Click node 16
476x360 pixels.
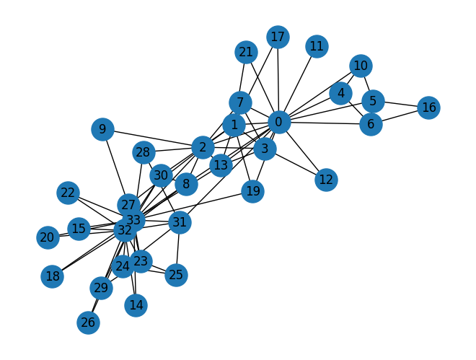click(x=429, y=108)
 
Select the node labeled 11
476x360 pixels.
click(x=317, y=47)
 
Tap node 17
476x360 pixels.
click(x=278, y=36)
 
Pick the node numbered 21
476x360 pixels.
click(x=246, y=52)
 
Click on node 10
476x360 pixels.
click(x=361, y=66)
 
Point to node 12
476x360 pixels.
click(x=326, y=179)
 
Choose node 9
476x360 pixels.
click(x=102, y=130)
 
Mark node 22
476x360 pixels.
click(x=68, y=193)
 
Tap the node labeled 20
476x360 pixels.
click(x=47, y=237)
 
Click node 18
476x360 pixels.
click(x=52, y=276)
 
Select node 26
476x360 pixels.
click(x=88, y=322)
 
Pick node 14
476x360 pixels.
click(x=136, y=305)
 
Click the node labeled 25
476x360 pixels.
click(x=176, y=275)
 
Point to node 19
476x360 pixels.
click(x=252, y=191)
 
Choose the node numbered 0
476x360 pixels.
click(x=278, y=122)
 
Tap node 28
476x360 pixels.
click(x=144, y=152)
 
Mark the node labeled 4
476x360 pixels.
click(x=340, y=93)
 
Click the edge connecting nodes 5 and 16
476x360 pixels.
click(x=401, y=105)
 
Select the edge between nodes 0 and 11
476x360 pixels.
click(x=298, y=84)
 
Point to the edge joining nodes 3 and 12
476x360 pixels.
click(x=296, y=164)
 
